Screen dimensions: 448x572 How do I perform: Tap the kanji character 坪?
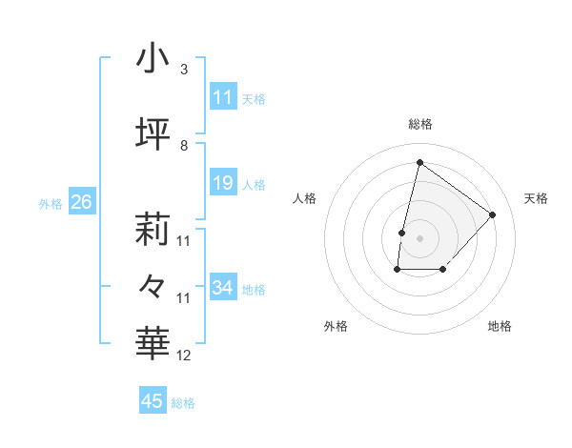[153, 133]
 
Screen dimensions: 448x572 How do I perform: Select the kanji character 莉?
[153, 229]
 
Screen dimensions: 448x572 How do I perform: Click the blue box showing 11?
[223, 97]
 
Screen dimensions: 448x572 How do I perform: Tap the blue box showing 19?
[223, 183]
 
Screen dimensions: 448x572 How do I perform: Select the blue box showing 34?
[223, 288]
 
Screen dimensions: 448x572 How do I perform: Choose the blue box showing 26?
[82, 202]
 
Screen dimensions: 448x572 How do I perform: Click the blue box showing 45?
[153, 401]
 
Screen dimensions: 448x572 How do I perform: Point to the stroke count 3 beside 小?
[183, 70]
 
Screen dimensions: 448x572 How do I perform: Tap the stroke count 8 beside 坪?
[183, 146]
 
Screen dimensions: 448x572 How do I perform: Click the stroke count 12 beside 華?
[184, 356]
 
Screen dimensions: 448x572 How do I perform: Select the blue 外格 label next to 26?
[51, 203]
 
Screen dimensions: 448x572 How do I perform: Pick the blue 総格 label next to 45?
[183, 403]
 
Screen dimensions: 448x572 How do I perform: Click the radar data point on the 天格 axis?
[492, 214]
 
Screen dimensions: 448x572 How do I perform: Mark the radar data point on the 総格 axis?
[419, 163]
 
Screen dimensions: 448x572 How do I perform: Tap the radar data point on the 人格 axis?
[402, 233]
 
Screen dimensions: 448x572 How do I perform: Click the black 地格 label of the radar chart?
[500, 327]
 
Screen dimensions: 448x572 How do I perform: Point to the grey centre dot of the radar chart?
[419, 238]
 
